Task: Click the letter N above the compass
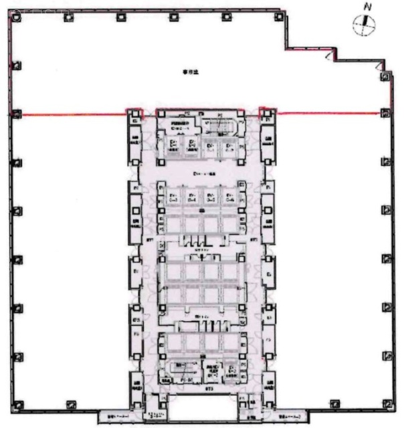pyautogui.click(x=366, y=7)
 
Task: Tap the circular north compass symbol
pyautogui.click(x=365, y=25)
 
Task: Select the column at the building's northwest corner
pyautogui.click(x=15, y=18)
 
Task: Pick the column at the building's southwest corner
pyautogui.click(x=17, y=404)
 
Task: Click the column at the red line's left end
pyautogui.click(x=15, y=113)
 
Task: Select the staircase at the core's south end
pyautogui.click(x=181, y=368)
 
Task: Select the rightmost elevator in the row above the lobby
pyautogui.click(x=229, y=146)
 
